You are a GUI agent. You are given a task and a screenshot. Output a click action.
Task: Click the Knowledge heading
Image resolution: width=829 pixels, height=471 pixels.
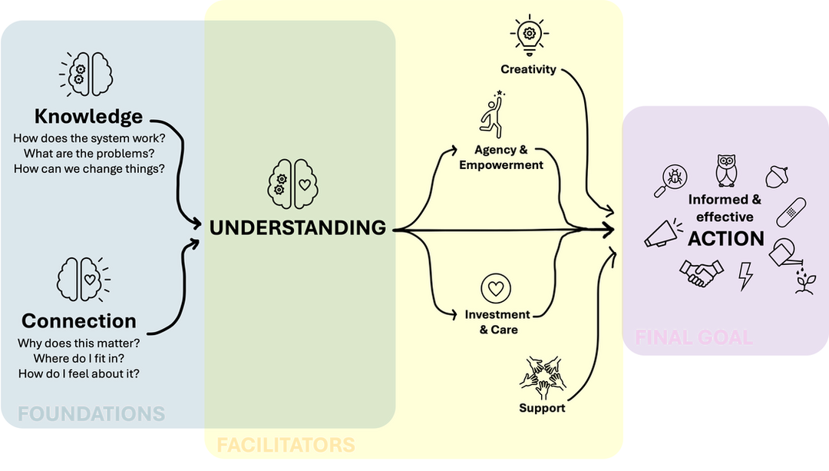pyautogui.click(x=88, y=117)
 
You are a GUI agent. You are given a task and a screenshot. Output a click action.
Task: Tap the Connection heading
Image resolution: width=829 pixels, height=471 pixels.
pyautogui.click(x=79, y=320)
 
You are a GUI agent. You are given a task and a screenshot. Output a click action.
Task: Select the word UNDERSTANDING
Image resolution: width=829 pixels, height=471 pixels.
pyautogui.click(x=298, y=227)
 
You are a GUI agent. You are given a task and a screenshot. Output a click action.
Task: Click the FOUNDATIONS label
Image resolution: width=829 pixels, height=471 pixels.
pyautogui.click(x=91, y=413)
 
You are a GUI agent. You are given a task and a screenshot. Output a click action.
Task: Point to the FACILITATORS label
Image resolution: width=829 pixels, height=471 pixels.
pyautogui.click(x=286, y=445)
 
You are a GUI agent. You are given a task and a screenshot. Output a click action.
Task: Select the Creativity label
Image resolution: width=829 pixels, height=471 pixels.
pyautogui.click(x=528, y=70)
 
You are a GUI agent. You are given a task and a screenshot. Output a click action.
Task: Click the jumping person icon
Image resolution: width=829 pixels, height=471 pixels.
pyautogui.click(x=492, y=114)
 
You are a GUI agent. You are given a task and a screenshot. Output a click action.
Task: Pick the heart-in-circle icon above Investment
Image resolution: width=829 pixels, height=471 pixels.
pyautogui.click(x=496, y=290)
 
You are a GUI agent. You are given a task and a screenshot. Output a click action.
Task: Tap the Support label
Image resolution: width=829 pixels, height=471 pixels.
pyautogui.click(x=542, y=408)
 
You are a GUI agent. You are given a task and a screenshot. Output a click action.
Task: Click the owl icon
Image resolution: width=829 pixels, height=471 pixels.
pyautogui.click(x=725, y=170)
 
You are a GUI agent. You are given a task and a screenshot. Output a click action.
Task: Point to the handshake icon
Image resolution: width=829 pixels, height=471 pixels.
pyautogui.click(x=702, y=273)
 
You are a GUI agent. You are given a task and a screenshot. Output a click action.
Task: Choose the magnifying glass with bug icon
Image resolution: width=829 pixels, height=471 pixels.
pyautogui.click(x=669, y=180)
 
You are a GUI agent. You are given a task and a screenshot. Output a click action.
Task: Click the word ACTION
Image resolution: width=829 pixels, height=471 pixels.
pyautogui.click(x=726, y=239)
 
